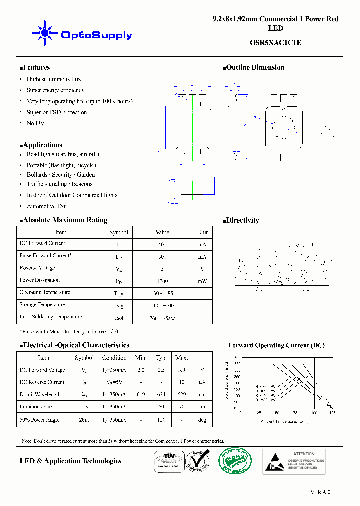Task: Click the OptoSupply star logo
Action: pos(45,33)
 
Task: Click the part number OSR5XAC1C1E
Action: pos(275,42)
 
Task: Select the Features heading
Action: pos(35,67)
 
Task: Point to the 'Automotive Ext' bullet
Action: pos(46,206)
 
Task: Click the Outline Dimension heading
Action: pos(254,67)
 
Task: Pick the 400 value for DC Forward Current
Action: pos(162,244)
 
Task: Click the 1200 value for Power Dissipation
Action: pos(162,281)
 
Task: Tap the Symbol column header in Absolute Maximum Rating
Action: pos(119,232)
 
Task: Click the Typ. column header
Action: pos(161,358)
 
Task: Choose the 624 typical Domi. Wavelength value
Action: pos(161,394)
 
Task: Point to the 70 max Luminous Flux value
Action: pos(181,407)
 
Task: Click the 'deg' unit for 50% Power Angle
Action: pos(202,420)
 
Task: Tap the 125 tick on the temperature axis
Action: pos(332,413)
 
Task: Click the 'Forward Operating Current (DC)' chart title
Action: pos(276,345)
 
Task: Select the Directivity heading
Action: pos(242,220)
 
